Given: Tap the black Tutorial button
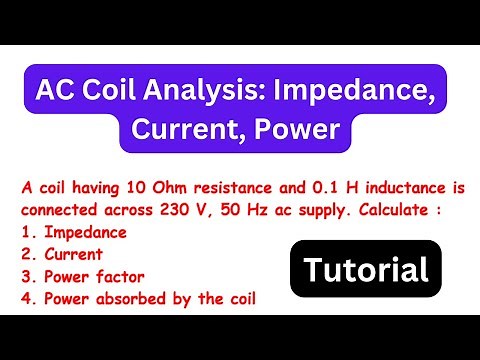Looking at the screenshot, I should (x=366, y=269).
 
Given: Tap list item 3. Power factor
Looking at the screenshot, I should (x=80, y=275).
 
